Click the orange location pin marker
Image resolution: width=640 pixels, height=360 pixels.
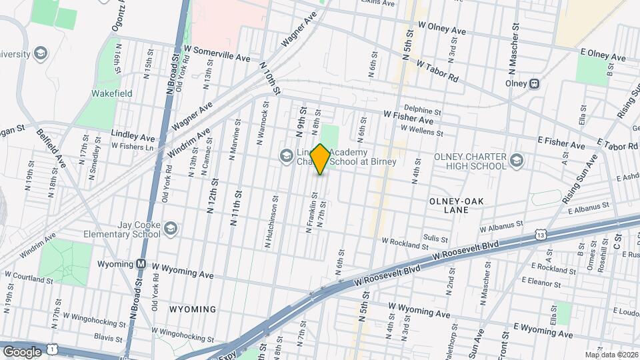[x=320, y=159]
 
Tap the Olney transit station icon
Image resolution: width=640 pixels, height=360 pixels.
[x=534, y=84]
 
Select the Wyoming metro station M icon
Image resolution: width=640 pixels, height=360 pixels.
[x=141, y=264]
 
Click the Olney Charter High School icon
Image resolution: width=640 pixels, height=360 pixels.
[x=516, y=160]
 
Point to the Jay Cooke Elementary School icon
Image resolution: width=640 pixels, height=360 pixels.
[x=171, y=229]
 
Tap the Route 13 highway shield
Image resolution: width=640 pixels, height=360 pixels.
[x=541, y=235]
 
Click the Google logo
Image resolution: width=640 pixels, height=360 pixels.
[x=22, y=351]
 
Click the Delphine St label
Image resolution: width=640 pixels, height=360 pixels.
[x=422, y=109]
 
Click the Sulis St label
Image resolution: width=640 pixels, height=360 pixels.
[x=434, y=237]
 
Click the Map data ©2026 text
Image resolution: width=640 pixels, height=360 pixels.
[x=611, y=355]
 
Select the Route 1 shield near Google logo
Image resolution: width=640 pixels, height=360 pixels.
[x=52, y=351]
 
